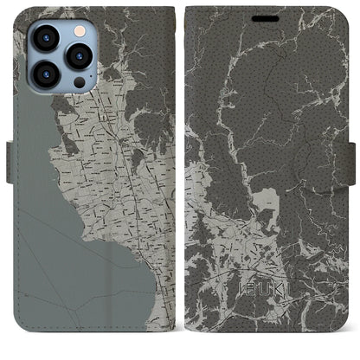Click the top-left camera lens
tap(45, 37)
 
